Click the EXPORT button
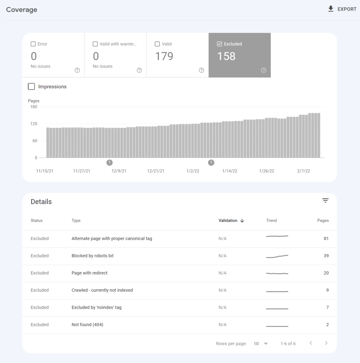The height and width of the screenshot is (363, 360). (x=342, y=9)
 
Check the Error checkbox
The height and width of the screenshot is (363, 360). (x=33, y=44)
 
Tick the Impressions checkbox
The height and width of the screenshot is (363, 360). (x=32, y=87)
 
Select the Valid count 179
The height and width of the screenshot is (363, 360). (x=164, y=56)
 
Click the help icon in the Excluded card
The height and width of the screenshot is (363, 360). (x=264, y=70)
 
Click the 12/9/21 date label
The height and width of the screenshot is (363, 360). (x=119, y=171)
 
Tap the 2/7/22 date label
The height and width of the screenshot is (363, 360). (x=303, y=171)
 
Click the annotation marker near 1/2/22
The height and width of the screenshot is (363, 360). (x=211, y=162)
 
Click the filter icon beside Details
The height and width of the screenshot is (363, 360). (x=325, y=201)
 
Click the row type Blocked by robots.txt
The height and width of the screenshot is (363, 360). (x=92, y=256)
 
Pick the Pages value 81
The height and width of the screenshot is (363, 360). (x=326, y=239)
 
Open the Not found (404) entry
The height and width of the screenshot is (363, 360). (x=87, y=325)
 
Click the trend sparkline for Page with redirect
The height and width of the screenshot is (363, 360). (x=277, y=273)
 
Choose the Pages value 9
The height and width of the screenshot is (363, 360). (x=327, y=290)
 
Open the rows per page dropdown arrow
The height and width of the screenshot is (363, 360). (x=266, y=344)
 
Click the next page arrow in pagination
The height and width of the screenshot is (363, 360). (x=326, y=343)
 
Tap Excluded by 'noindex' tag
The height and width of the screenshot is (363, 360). (x=96, y=307)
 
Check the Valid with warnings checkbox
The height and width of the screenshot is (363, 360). (x=95, y=44)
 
